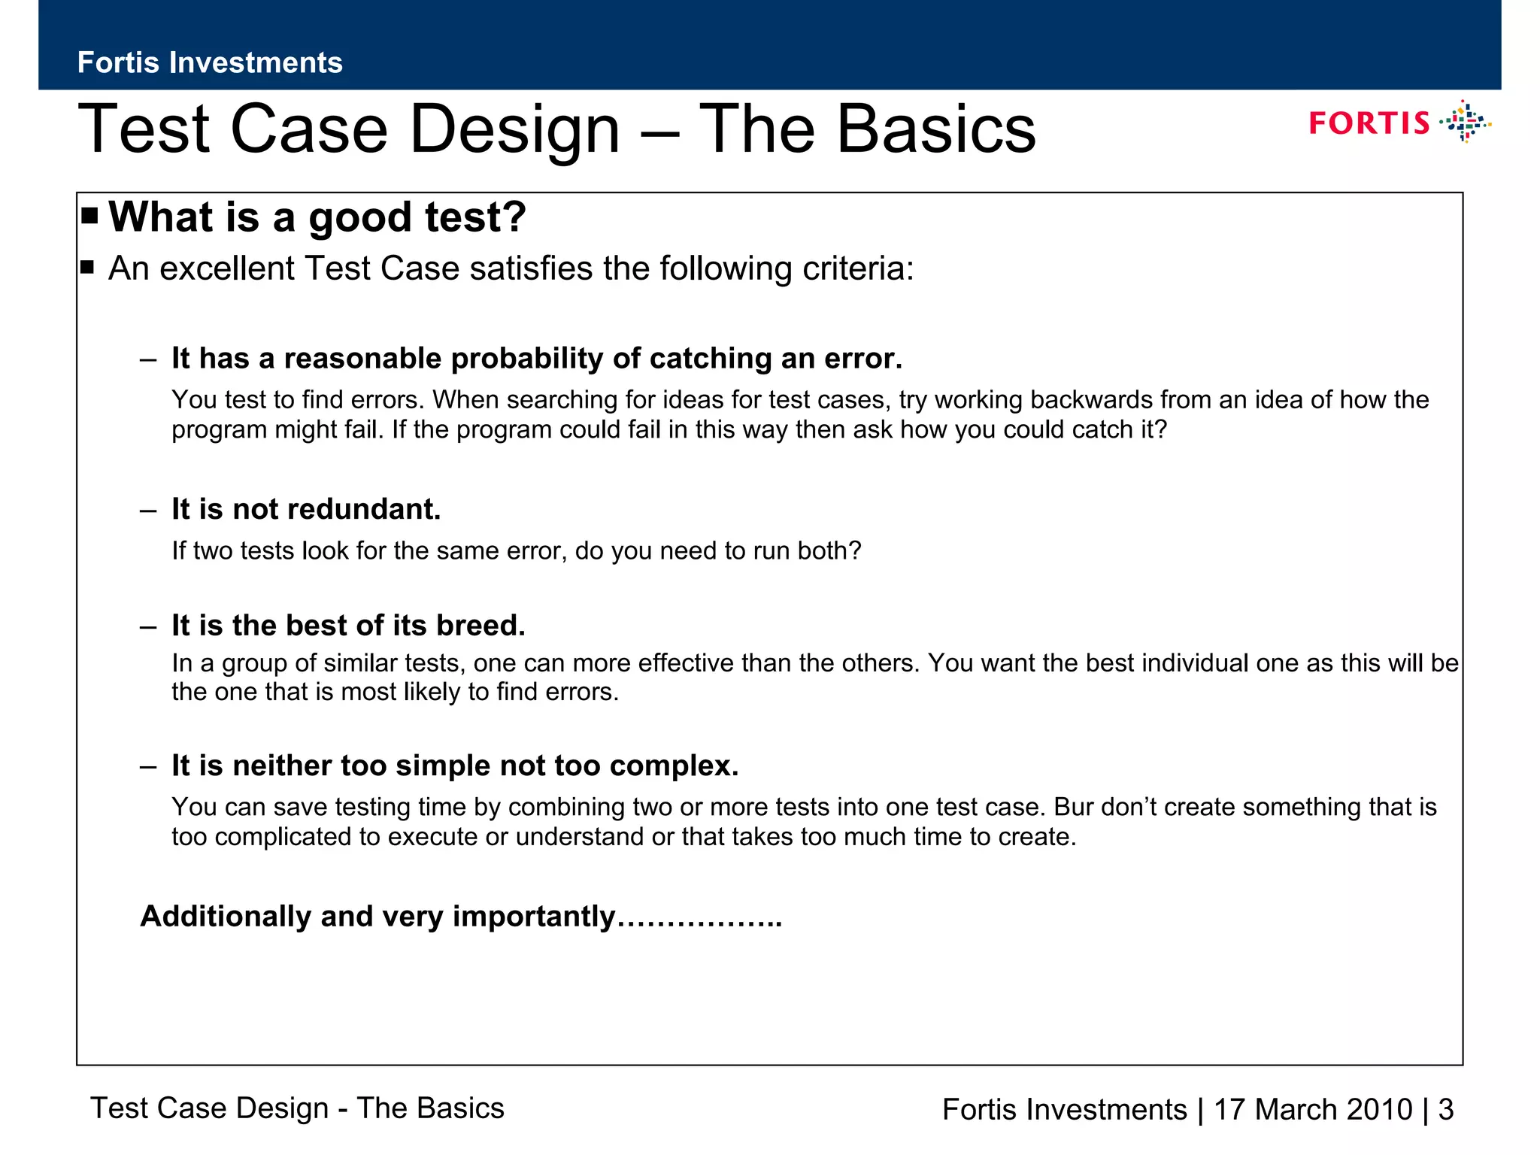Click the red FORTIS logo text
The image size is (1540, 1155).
[1369, 123]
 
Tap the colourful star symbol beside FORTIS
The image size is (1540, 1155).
[1466, 122]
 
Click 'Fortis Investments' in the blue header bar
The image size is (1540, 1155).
[210, 62]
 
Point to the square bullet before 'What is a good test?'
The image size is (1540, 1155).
[90, 217]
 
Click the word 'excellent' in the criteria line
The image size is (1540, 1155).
[226, 268]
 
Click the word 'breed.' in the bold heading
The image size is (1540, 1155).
[480, 626]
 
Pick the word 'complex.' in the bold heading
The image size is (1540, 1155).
[674, 765]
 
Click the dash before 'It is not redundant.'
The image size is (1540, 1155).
[148, 510]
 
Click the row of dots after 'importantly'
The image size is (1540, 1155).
[700, 922]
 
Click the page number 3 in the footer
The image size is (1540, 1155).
[1446, 1110]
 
